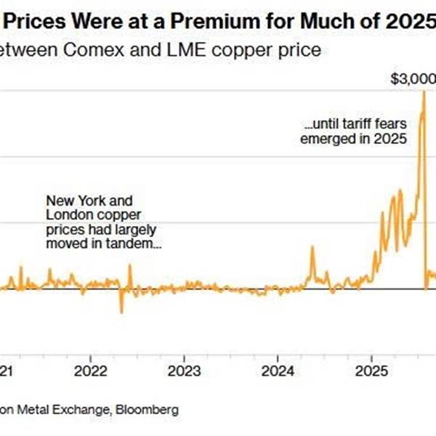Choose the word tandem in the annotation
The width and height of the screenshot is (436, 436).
point(135,243)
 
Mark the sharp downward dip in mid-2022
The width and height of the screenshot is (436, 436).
point(121,311)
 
